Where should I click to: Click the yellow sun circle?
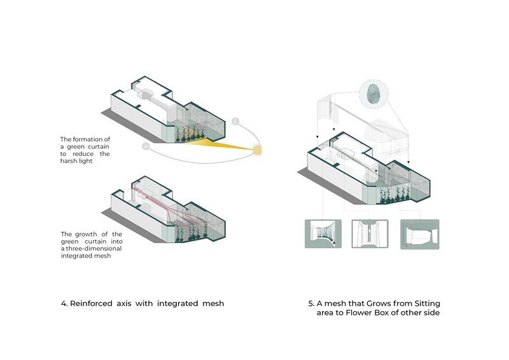click(258, 150)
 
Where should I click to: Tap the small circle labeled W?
click(146, 146)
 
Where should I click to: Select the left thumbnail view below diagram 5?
click(324, 234)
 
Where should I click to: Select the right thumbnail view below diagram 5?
click(418, 234)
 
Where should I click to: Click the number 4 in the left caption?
click(64, 303)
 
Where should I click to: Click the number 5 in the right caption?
click(310, 303)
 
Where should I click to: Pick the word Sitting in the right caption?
click(424, 303)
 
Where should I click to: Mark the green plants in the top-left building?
click(191, 133)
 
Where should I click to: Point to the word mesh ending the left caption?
click(211, 303)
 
